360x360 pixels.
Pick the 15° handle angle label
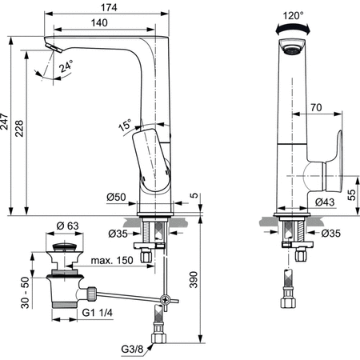124,125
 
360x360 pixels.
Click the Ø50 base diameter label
116,197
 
